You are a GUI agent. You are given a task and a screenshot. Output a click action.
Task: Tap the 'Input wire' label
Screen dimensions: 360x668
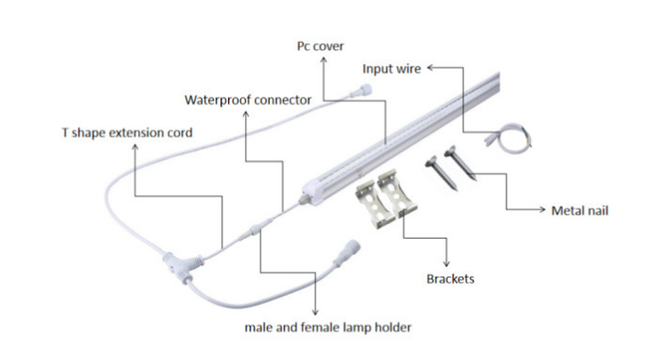point(392,68)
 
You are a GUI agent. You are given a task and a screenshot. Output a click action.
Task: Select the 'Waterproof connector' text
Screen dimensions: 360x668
point(248,99)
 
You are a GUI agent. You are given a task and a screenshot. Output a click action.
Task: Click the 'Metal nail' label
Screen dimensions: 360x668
point(580,210)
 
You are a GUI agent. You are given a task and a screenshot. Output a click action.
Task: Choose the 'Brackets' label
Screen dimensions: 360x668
point(450,279)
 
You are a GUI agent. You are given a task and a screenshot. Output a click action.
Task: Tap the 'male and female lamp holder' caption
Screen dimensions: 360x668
point(329,327)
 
